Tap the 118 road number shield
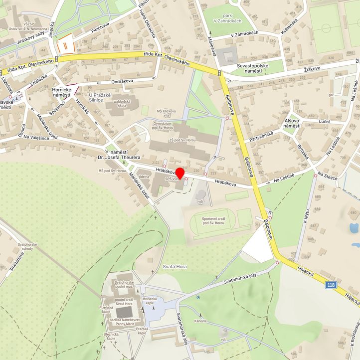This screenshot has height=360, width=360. pyautogui.click(x=331, y=285)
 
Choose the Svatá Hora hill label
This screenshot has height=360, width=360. pyautogui.click(x=175, y=267)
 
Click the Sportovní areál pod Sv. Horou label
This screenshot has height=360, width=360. pyautogui.click(x=215, y=221)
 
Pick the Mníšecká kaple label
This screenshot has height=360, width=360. pyautogui.click(x=150, y=301)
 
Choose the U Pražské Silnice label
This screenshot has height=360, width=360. pyautogui.click(x=102, y=97)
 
